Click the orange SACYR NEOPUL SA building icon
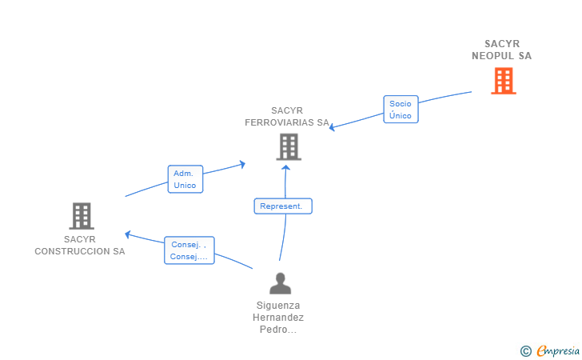tap(504, 81)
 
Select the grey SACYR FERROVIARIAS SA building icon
tap(289, 147)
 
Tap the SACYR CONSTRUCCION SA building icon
tap(82, 216)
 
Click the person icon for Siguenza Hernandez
tap(281, 283)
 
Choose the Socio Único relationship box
tap(401, 110)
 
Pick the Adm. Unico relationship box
tap(185, 179)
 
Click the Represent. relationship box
tap(283, 206)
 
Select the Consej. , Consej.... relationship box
tap(189, 250)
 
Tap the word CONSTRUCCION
tap(72, 251)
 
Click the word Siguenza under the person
tap(278, 306)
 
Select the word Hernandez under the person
tap(278, 318)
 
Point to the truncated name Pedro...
tap(278, 329)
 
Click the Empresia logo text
tap(558, 351)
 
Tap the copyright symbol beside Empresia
tap(525, 351)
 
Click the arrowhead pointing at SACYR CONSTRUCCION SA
tap(127, 234)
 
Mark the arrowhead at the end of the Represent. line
tap(286, 167)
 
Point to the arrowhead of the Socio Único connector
tap(332, 127)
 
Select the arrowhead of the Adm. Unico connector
tap(242, 164)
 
